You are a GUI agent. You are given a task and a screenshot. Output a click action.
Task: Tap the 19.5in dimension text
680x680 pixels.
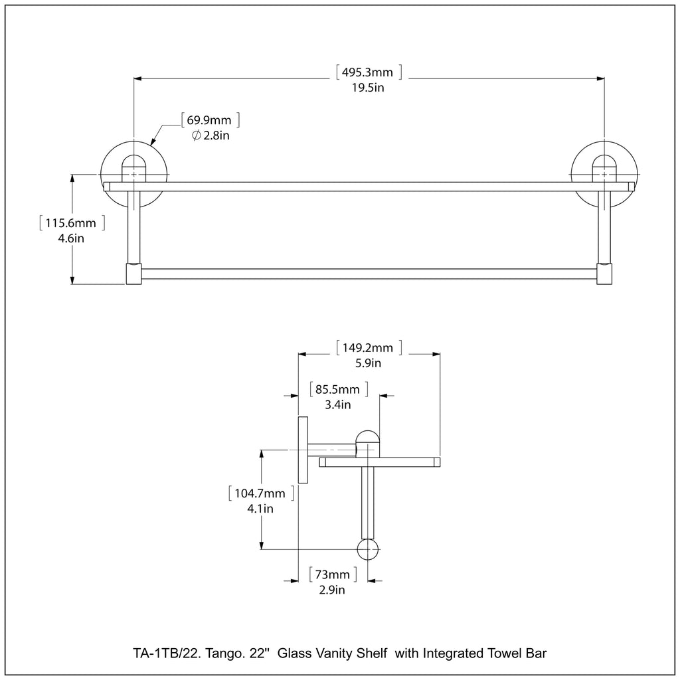coord(369,88)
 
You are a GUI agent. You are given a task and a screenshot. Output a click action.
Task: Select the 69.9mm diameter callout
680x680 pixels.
coord(209,120)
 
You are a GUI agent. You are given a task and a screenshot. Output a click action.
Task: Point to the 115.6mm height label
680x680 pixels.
coord(71,222)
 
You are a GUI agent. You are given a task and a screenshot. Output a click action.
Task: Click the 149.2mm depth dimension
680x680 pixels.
coord(368,347)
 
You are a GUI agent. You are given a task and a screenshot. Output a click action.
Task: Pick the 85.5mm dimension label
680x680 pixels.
coord(337,389)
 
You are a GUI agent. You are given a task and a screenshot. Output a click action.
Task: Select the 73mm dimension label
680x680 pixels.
coord(333,574)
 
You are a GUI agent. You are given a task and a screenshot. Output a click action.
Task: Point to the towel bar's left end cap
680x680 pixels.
coord(134,274)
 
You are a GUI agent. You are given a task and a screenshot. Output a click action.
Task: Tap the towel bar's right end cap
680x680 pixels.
coord(604,274)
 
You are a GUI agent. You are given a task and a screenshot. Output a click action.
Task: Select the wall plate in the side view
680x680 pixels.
coord(302,450)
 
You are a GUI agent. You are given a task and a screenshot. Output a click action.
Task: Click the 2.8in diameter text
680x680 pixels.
coord(211,135)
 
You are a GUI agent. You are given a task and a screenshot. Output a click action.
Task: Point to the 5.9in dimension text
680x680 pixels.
coord(368,363)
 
